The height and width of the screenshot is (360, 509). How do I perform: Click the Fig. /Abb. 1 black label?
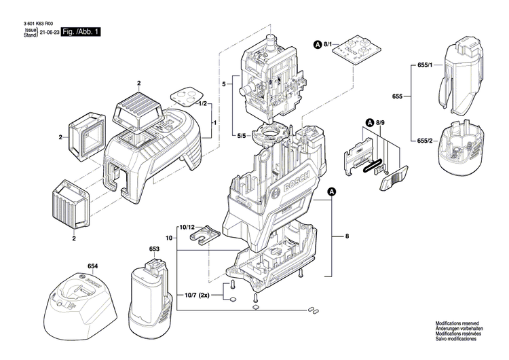[81, 32]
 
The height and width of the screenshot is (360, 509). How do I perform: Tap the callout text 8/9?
[381, 122]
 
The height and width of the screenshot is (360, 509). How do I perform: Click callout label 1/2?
[202, 104]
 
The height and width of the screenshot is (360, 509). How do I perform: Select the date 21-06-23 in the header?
[49, 32]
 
